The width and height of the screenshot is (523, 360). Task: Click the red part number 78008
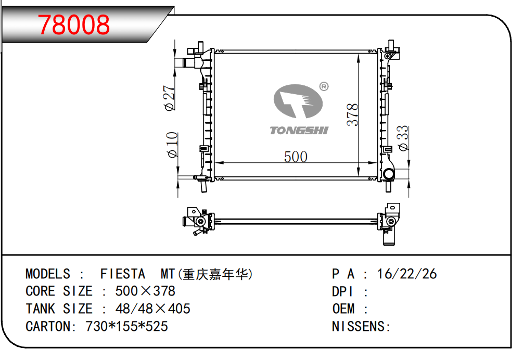pos(74,24)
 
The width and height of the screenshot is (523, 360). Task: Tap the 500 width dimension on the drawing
pos(295,156)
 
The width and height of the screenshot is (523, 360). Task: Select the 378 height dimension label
pos(353,114)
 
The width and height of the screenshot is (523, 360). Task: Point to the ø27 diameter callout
pos(170,98)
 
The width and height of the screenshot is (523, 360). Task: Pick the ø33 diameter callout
pos(403,138)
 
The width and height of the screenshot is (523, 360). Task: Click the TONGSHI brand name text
pos(299,130)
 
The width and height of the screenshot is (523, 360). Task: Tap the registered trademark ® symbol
pos(323,86)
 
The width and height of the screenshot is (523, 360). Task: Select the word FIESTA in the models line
pos(122,274)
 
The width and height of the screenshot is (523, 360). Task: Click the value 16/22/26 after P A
pos(407,274)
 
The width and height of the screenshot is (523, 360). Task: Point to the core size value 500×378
pos(145,291)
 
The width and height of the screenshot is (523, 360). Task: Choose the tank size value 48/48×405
pos(152,309)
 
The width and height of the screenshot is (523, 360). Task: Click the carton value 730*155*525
pos(123,327)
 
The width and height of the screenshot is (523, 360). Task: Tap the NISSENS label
pos(360,327)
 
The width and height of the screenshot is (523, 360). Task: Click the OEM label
pos(343,309)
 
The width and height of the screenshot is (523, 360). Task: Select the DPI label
pos(343,291)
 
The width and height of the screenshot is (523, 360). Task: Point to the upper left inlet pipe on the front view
pos(188,63)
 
